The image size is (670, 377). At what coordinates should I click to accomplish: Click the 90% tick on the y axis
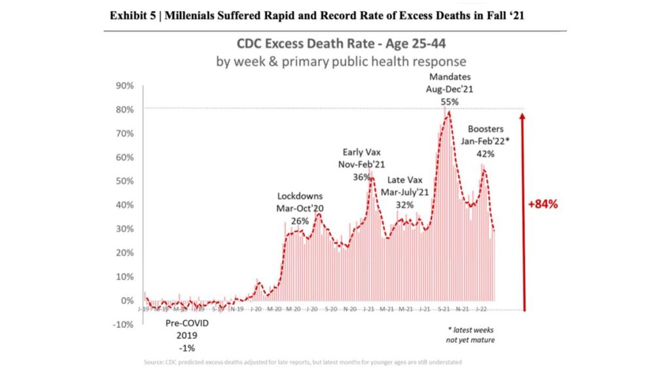tap(124, 86)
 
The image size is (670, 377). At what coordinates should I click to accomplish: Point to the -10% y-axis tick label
tap(123, 325)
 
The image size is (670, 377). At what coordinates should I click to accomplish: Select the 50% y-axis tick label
tap(124, 181)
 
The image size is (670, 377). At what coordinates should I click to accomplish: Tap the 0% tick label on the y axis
tap(127, 300)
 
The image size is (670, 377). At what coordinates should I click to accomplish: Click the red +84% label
tap(542, 204)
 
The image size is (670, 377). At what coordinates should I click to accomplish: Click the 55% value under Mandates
tap(450, 102)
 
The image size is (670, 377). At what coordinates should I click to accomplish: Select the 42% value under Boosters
tap(485, 154)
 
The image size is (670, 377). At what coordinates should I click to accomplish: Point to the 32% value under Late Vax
tap(405, 204)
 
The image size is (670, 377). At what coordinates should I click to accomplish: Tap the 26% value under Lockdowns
tap(300, 221)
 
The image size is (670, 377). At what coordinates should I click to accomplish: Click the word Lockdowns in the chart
tap(300, 196)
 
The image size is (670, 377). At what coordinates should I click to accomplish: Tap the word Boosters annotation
tap(485, 129)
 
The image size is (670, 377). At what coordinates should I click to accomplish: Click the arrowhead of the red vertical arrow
tap(522, 116)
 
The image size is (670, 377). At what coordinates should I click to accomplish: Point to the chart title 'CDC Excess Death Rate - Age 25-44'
tap(341, 46)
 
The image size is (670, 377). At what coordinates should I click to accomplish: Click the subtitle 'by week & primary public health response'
tap(341, 62)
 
